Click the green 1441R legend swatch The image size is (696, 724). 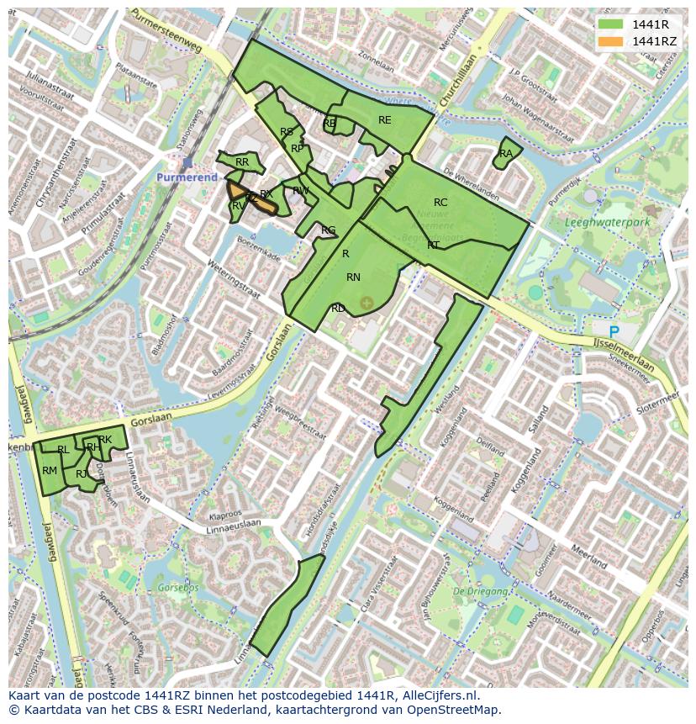[x=610, y=24]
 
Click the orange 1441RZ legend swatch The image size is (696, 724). [x=610, y=41]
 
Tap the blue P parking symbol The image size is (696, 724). [x=614, y=333]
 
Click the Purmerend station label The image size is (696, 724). [x=187, y=177]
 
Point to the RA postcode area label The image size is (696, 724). [x=505, y=154]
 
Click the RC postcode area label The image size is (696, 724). [x=440, y=203]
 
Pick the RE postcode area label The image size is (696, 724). [x=384, y=120]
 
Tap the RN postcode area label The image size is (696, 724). [x=353, y=277]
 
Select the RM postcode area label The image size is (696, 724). [x=50, y=471]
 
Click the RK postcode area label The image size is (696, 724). [x=105, y=440]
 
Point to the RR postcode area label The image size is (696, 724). [x=242, y=162]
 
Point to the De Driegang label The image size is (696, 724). [x=481, y=591]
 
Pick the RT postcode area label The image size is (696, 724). [x=433, y=246]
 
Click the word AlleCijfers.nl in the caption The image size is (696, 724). [x=437, y=695]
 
